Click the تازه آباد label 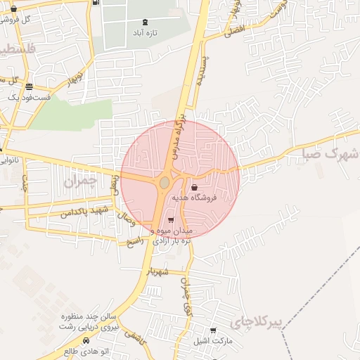[x=145, y=33]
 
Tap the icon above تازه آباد [x=145, y=22]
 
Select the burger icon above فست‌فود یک [x=29, y=86]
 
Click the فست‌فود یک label [x=29, y=97]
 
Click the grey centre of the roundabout [x=164, y=183]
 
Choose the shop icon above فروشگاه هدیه [x=195, y=187]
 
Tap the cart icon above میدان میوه [x=171, y=220]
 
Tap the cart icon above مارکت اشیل [x=213, y=330]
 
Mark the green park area [x=70, y=115]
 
